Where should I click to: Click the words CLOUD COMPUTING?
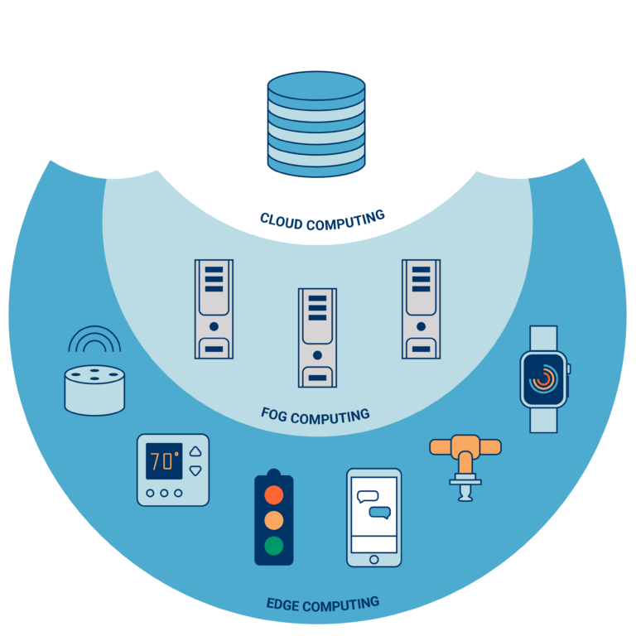click(322, 220)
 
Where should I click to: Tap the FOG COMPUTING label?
click(316, 413)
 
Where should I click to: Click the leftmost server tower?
click(214, 309)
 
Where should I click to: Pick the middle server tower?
click(317, 337)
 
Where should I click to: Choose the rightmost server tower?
click(421, 309)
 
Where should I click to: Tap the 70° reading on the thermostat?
click(163, 461)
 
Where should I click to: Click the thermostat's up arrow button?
click(195, 452)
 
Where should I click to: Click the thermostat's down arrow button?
click(195, 470)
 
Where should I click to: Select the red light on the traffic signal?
click(273, 495)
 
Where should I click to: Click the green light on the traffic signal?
click(273, 546)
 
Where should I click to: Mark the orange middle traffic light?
click(273, 520)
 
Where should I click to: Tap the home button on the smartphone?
click(373, 560)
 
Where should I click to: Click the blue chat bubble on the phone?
click(379, 513)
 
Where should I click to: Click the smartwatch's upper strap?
click(543, 338)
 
